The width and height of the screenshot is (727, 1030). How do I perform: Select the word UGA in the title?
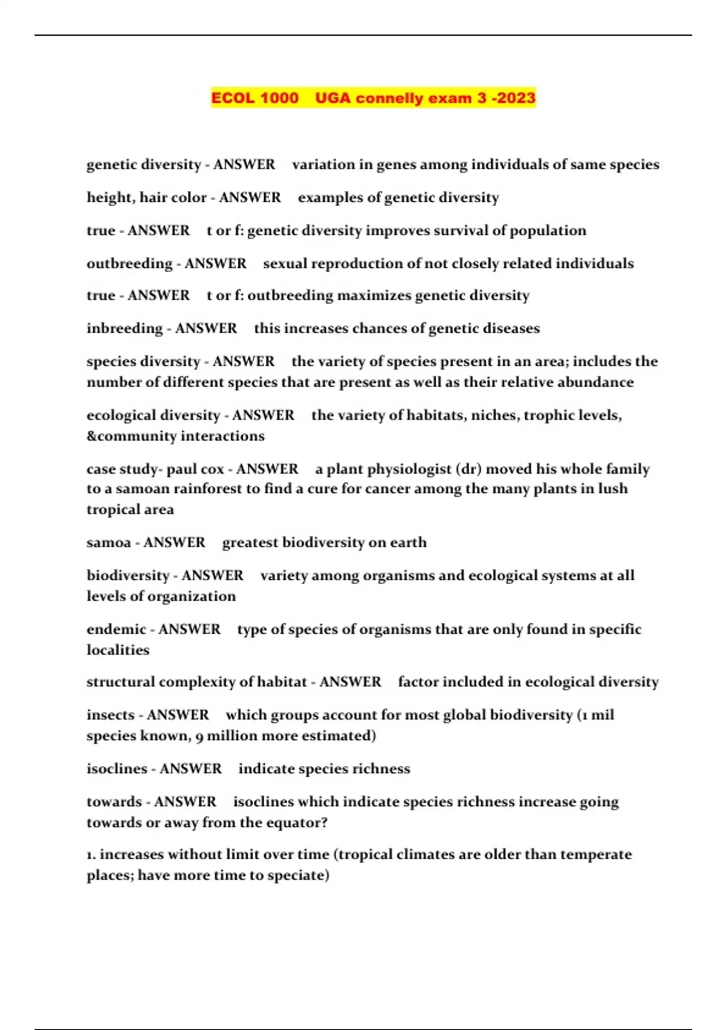tap(333, 98)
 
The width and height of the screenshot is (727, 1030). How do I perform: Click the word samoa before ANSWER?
tap(109, 542)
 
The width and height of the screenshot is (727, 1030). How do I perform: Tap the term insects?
tap(110, 715)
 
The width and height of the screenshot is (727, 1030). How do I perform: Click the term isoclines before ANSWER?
tap(117, 769)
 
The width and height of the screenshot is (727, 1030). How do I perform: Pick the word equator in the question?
tap(297, 823)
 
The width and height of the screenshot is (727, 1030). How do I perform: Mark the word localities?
tap(118, 650)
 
